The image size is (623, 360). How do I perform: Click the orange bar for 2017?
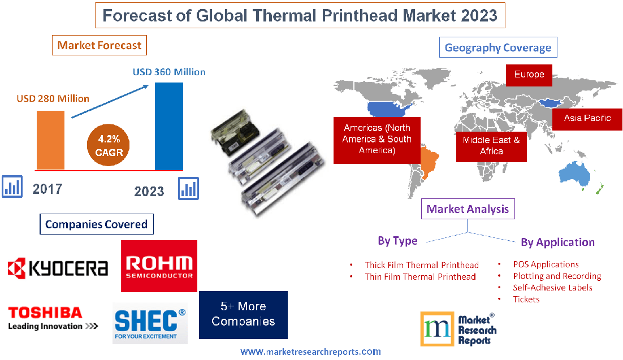50,140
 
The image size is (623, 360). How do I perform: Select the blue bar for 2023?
169,126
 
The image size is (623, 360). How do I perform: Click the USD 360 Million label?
169,72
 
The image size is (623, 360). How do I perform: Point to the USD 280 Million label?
53,99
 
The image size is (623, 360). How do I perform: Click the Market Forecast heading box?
99,45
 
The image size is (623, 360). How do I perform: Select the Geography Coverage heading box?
497,47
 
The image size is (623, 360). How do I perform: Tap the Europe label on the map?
529,75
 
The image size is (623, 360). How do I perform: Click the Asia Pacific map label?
587,118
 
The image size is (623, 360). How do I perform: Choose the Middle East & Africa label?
491,146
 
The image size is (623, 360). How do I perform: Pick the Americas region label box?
377,140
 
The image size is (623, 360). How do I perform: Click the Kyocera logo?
57,267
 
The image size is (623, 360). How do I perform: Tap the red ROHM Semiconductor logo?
159,266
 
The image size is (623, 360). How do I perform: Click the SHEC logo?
150,323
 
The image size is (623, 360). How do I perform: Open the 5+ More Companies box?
243,314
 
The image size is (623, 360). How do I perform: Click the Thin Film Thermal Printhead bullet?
419,277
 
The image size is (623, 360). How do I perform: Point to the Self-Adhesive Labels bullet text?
552,288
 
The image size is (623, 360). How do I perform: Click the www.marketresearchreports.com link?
310,352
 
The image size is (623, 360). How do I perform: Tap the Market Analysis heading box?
468,209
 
